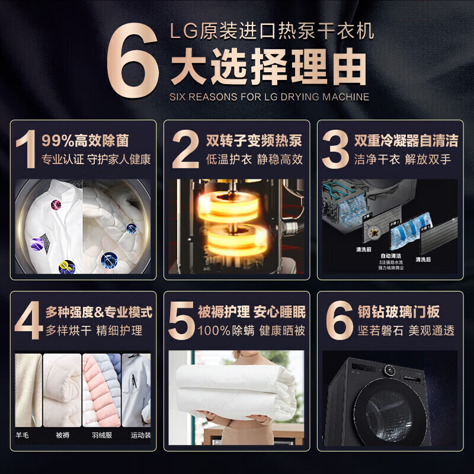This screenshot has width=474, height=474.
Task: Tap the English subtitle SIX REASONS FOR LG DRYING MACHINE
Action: (x=270, y=97)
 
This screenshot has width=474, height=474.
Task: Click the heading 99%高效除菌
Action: (x=85, y=141)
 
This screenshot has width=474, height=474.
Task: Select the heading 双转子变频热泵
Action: (x=254, y=141)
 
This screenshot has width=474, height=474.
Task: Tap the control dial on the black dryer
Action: (x=390, y=371)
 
